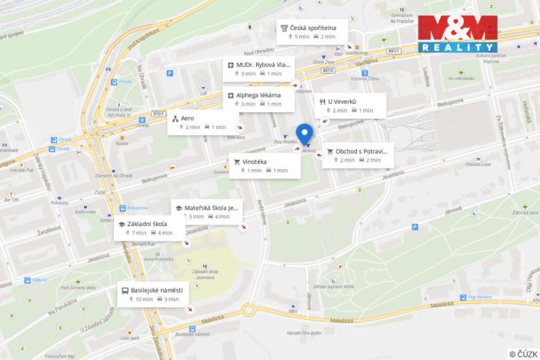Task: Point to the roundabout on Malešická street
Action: (248, 311)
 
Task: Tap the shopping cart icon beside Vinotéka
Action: (237, 162)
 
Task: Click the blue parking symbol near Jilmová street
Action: (415, 227)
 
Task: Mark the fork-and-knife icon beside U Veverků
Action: (322, 102)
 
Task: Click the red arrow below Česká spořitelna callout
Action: (349, 48)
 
